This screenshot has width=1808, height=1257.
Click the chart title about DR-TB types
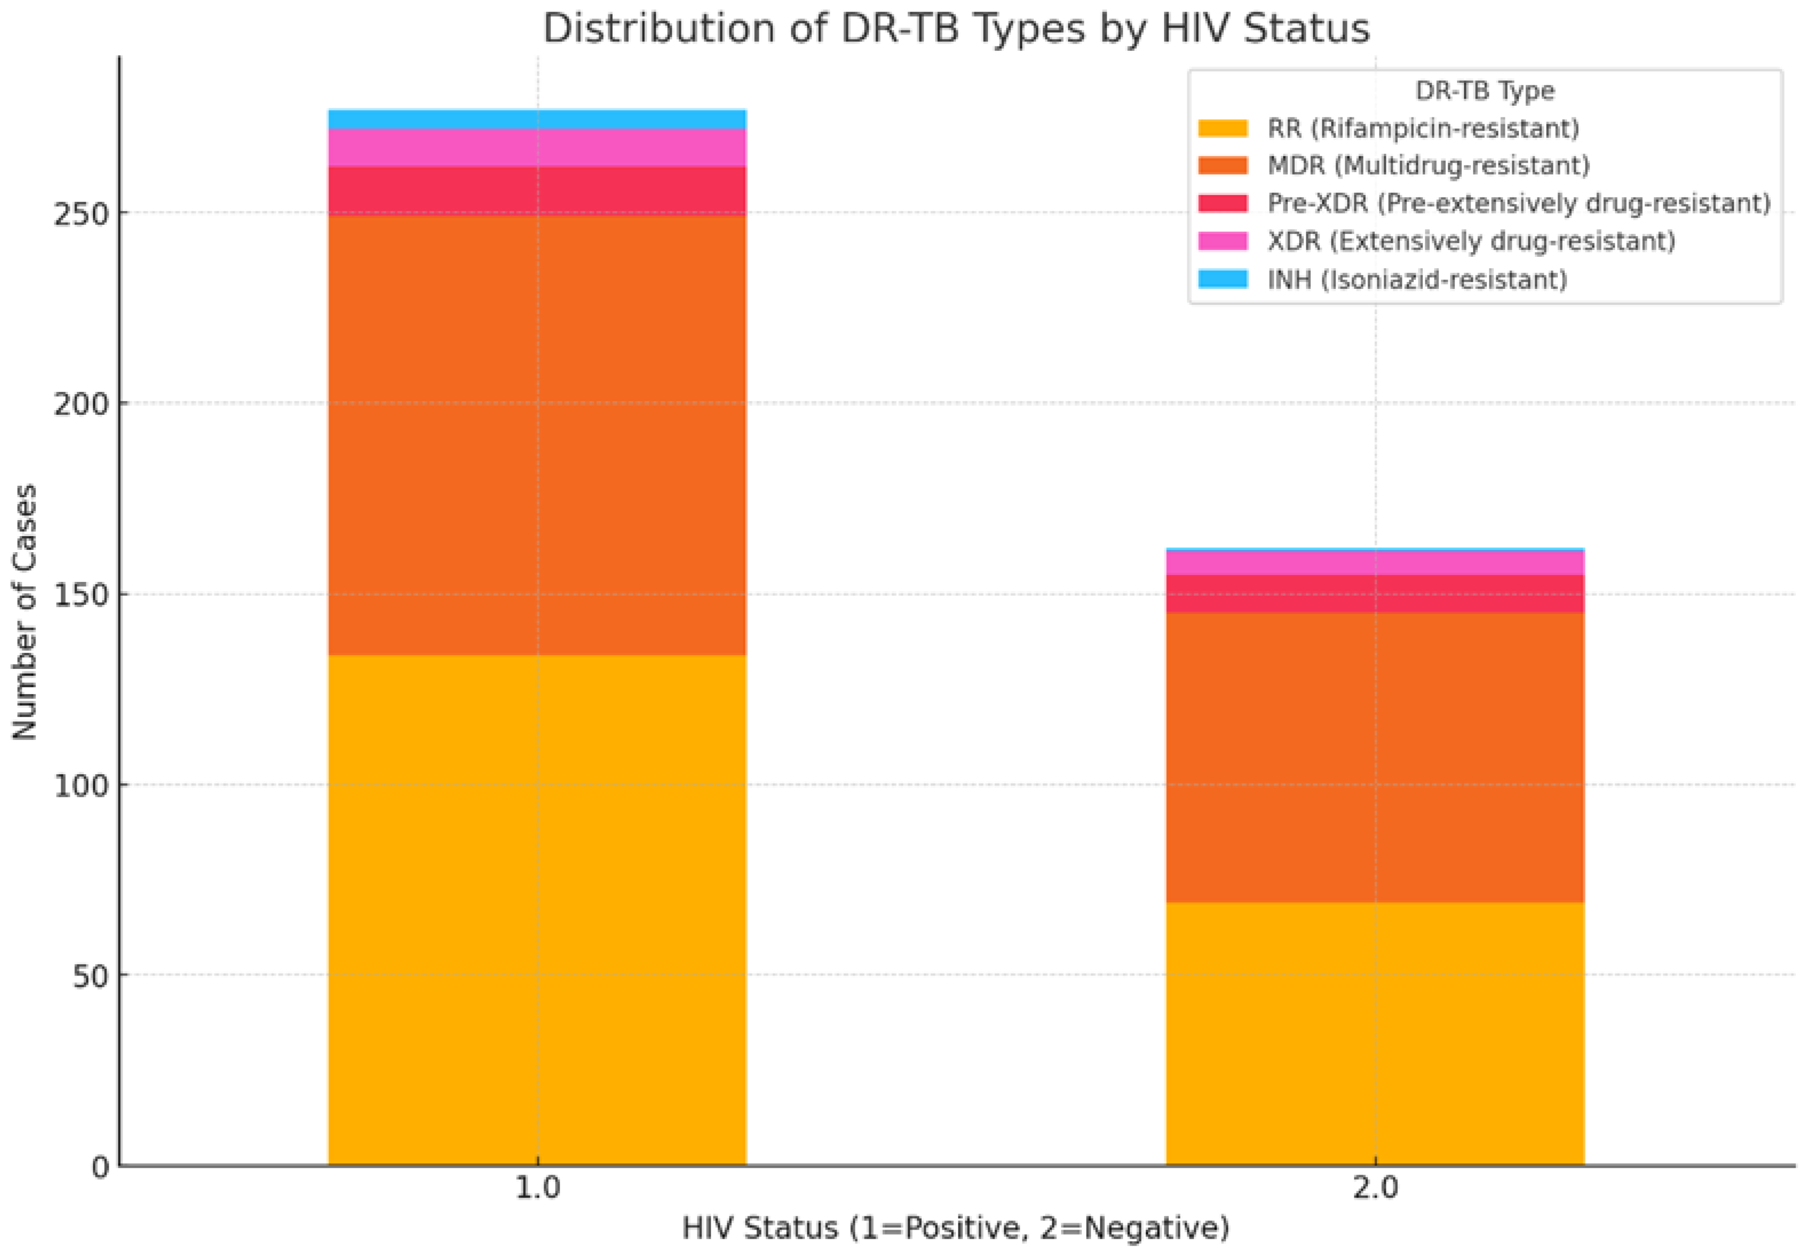[956, 29]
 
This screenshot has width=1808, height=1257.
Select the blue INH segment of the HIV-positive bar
[537, 119]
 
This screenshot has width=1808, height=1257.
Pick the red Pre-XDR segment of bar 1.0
[537, 190]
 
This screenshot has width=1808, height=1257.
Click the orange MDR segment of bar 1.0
[537, 434]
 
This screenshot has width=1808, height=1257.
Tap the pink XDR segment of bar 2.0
[1375, 562]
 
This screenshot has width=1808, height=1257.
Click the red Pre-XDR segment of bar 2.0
[1375, 594]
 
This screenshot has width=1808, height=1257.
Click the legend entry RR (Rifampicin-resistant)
[1423, 128]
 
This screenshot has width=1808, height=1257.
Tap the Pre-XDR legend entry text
[1519, 203]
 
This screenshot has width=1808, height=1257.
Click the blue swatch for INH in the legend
[1222, 279]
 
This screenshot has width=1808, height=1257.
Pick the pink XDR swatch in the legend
[1222, 241]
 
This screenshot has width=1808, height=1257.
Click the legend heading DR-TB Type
[1484, 90]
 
